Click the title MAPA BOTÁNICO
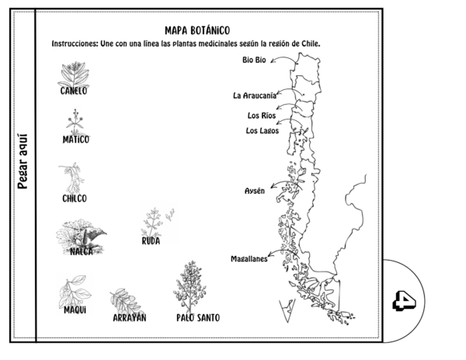[197, 30]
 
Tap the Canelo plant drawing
[74, 74]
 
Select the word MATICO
[76, 140]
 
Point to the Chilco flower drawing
[72, 178]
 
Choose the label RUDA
[151, 241]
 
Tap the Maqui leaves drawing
[75, 291]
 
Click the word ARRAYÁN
[130, 317]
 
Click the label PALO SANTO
[198, 318]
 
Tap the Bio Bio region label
[254, 60]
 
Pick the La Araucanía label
[255, 95]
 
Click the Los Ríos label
[262, 116]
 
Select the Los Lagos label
[263, 130]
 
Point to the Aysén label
[255, 191]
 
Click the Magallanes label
[249, 259]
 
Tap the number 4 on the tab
[404, 300]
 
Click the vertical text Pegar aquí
[23, 161]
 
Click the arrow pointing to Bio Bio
[283, 57]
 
